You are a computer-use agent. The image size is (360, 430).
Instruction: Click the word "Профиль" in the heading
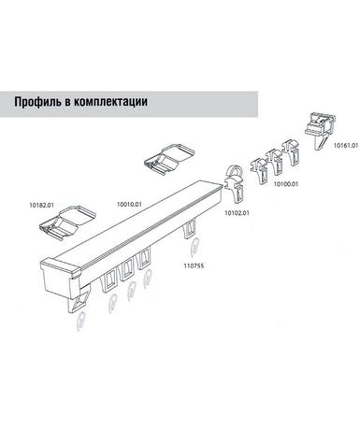click(37, 102)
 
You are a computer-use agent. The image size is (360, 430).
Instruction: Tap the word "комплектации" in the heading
click(111, 102)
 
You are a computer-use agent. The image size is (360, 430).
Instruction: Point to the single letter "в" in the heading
click(68, 103)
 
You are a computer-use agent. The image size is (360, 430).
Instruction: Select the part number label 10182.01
click(41, 205)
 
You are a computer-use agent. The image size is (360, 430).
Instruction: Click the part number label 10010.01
click(129, 205)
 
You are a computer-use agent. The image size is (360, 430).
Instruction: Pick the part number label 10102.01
click(237, 213)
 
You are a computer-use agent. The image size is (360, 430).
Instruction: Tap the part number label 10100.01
click(286, 184)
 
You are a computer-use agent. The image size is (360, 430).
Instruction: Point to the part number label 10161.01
click(346, 145)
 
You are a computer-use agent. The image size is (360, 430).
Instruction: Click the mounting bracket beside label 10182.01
click(67, 222)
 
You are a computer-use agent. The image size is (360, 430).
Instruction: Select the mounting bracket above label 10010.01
click(169, 158)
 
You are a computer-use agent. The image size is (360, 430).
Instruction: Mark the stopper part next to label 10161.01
click(321, 131)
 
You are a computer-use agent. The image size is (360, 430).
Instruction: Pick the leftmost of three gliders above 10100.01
click(260, 171)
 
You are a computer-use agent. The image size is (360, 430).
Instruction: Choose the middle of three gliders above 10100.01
click(275, 162)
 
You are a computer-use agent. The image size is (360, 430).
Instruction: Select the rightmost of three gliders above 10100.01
click(291, 152)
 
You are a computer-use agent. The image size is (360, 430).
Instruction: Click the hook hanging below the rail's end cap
click(80, 321)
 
